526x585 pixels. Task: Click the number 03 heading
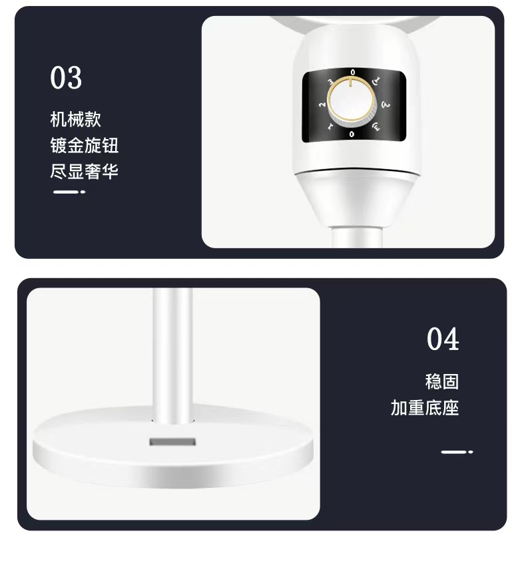click(66, 78)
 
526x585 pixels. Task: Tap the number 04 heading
click(443, 339)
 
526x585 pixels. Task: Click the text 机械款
click(76, 119)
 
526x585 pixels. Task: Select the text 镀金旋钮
click(85, 145)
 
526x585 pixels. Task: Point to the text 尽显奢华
click(85, 171)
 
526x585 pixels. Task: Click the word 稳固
click(442, 381)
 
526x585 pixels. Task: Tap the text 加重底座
click(425, 408)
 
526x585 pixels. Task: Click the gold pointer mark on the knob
click(350, 82)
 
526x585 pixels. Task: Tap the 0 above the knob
click(352, 73)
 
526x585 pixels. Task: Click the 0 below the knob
click(352, 134)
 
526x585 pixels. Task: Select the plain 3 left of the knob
click(330, 82)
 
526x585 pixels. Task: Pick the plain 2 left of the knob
click(322, 104)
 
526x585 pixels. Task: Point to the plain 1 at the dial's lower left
click(330, 127)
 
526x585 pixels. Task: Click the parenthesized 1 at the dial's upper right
click(376, 81)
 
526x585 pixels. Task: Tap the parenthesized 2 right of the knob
click(386, 105)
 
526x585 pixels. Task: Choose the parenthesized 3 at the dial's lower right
click(376, 127)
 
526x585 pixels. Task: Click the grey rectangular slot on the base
click(172, 442)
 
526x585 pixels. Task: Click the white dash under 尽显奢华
click(69, 192)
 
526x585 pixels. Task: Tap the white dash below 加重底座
click(457, 452)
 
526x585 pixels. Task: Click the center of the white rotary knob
click(352, 100)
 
